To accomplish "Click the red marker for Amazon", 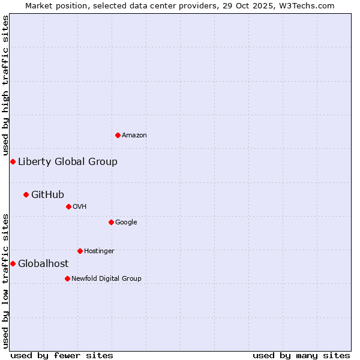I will pos(118,135).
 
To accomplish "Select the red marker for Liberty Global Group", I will pos(13,161).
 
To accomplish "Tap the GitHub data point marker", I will pos(26,194).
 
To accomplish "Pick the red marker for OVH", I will pos(68,206).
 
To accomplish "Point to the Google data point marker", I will pos(111,222).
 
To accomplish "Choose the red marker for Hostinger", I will pos(80,251).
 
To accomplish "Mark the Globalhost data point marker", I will pos(13,263).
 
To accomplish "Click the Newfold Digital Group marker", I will pos(67,278).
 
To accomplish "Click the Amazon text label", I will pos(134,136).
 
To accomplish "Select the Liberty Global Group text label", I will pos(68,161).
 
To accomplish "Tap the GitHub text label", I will pos(47,194).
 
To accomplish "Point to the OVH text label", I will pos(80,207).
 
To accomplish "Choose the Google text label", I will pos(126,223).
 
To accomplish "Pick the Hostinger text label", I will pos(99,251).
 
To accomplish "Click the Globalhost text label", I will pos(43,263).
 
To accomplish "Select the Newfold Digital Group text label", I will pos(106,278).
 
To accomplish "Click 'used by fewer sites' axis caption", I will pos(62,355).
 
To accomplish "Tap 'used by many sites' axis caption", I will pos(301,355).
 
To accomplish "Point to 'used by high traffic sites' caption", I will pos(5,85).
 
